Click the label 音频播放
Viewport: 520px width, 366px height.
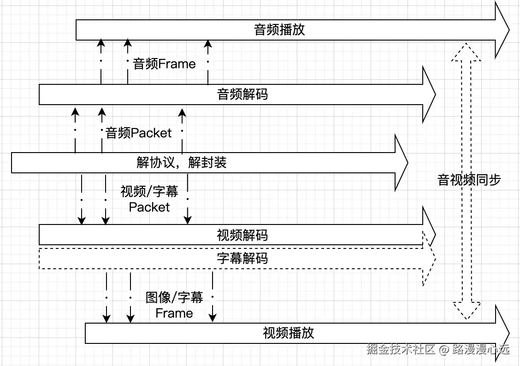pyautogui.click(x=279, y=30)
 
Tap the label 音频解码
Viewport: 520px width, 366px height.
pyautogui.click(x=242, y=94)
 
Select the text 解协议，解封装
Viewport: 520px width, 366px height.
pyautogui.click(x=182, y=163)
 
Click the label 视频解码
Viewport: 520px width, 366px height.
pyautogui.click(x=242, y=236)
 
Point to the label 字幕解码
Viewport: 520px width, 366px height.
pyautogui.click(x=242, y=258)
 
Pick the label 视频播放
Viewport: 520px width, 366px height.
pyautogui.click(x=289, y=333)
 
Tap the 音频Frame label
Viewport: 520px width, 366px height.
pyautogui.click(x=165, y=64)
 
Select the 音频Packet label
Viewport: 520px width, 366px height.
pyautogui.click(x=139, y=133)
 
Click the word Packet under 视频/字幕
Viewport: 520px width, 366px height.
pyautogui.click(x=149, y=207)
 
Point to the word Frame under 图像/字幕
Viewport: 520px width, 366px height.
pyautogui.click(x=174, y=313)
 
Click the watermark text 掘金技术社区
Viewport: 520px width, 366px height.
pyautogui.click(x=401, y=349)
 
